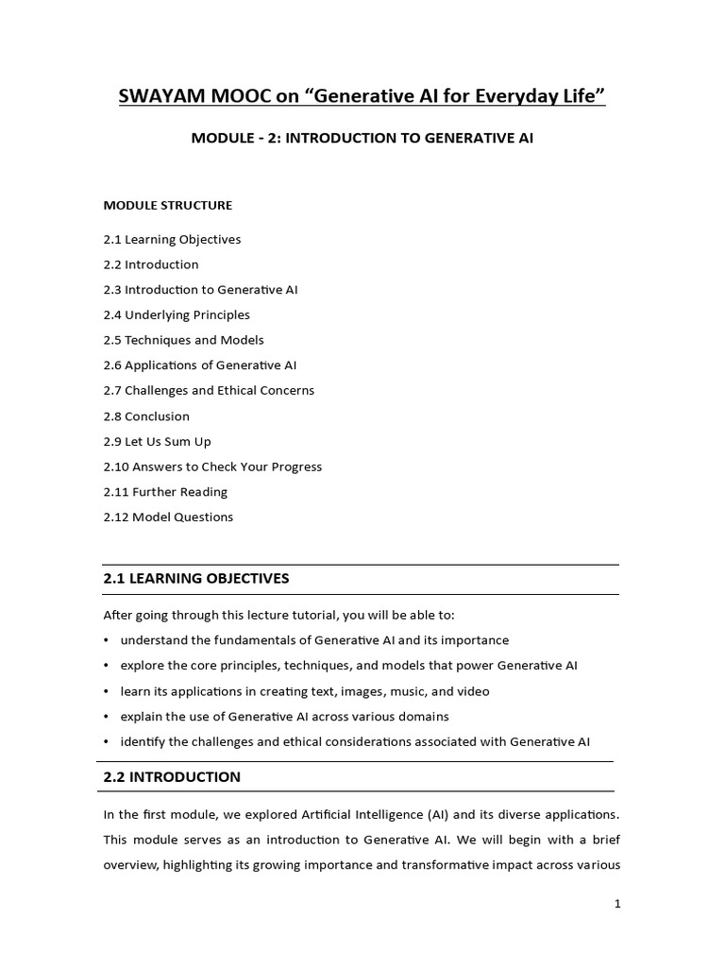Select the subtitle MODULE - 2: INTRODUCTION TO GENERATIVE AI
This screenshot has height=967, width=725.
pos(362,138)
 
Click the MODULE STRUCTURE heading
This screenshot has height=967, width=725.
pos(168,205)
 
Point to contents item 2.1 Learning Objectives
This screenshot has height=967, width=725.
pos(172,239)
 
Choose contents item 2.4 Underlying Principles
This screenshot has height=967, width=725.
pos(177,314)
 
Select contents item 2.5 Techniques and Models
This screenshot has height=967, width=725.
pos(184,340)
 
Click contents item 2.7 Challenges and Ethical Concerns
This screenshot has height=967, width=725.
pos(209,390)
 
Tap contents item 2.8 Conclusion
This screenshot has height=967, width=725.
pos(146,416)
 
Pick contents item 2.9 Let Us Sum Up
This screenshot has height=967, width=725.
pos(158,441)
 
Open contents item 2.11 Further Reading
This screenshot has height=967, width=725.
pos(165,491)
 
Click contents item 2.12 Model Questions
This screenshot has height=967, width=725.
pos(168,517)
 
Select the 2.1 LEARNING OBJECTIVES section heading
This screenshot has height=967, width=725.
pos(196,578)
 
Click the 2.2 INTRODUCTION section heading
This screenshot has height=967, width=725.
pos(172,777)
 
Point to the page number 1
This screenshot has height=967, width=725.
pos(617,904)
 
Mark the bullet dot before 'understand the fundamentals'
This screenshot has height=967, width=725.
pos(107,640)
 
